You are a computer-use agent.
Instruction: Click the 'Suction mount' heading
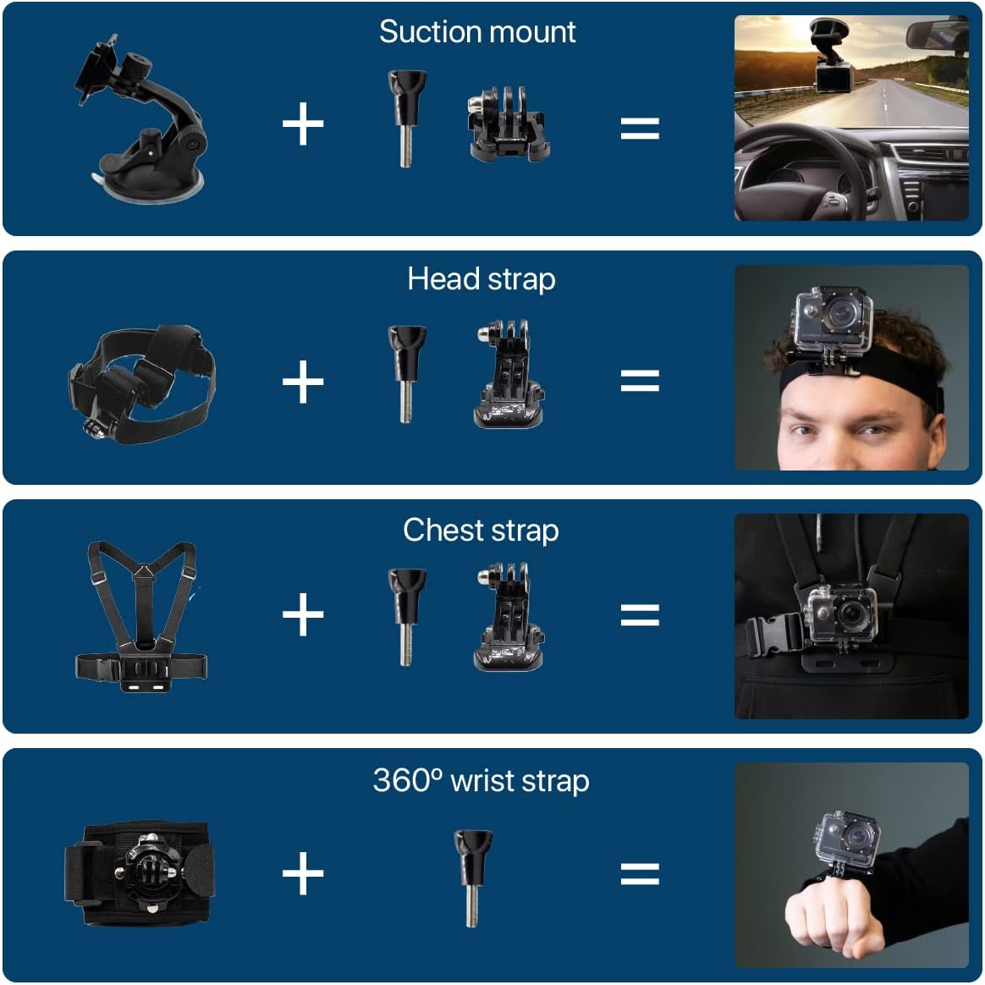click(477, 32)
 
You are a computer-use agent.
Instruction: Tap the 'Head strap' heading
click(481, 279)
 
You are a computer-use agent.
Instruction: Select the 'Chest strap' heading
click(481, 531)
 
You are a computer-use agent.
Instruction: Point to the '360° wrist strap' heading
click(481, 780)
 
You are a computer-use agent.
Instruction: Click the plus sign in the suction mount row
click(303, 125)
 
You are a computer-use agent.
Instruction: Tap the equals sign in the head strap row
click(640, 381)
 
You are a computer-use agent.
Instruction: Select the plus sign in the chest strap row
click(303, 614)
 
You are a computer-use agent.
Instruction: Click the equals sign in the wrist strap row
click(640, 873)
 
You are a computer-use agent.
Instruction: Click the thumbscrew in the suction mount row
click(405, 118)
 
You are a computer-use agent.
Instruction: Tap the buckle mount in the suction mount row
click(508, 125)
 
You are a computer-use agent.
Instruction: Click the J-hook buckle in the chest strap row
click(508, 618)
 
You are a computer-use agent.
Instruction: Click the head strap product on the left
click(142, 381)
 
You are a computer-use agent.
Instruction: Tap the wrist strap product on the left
click(140, 873)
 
